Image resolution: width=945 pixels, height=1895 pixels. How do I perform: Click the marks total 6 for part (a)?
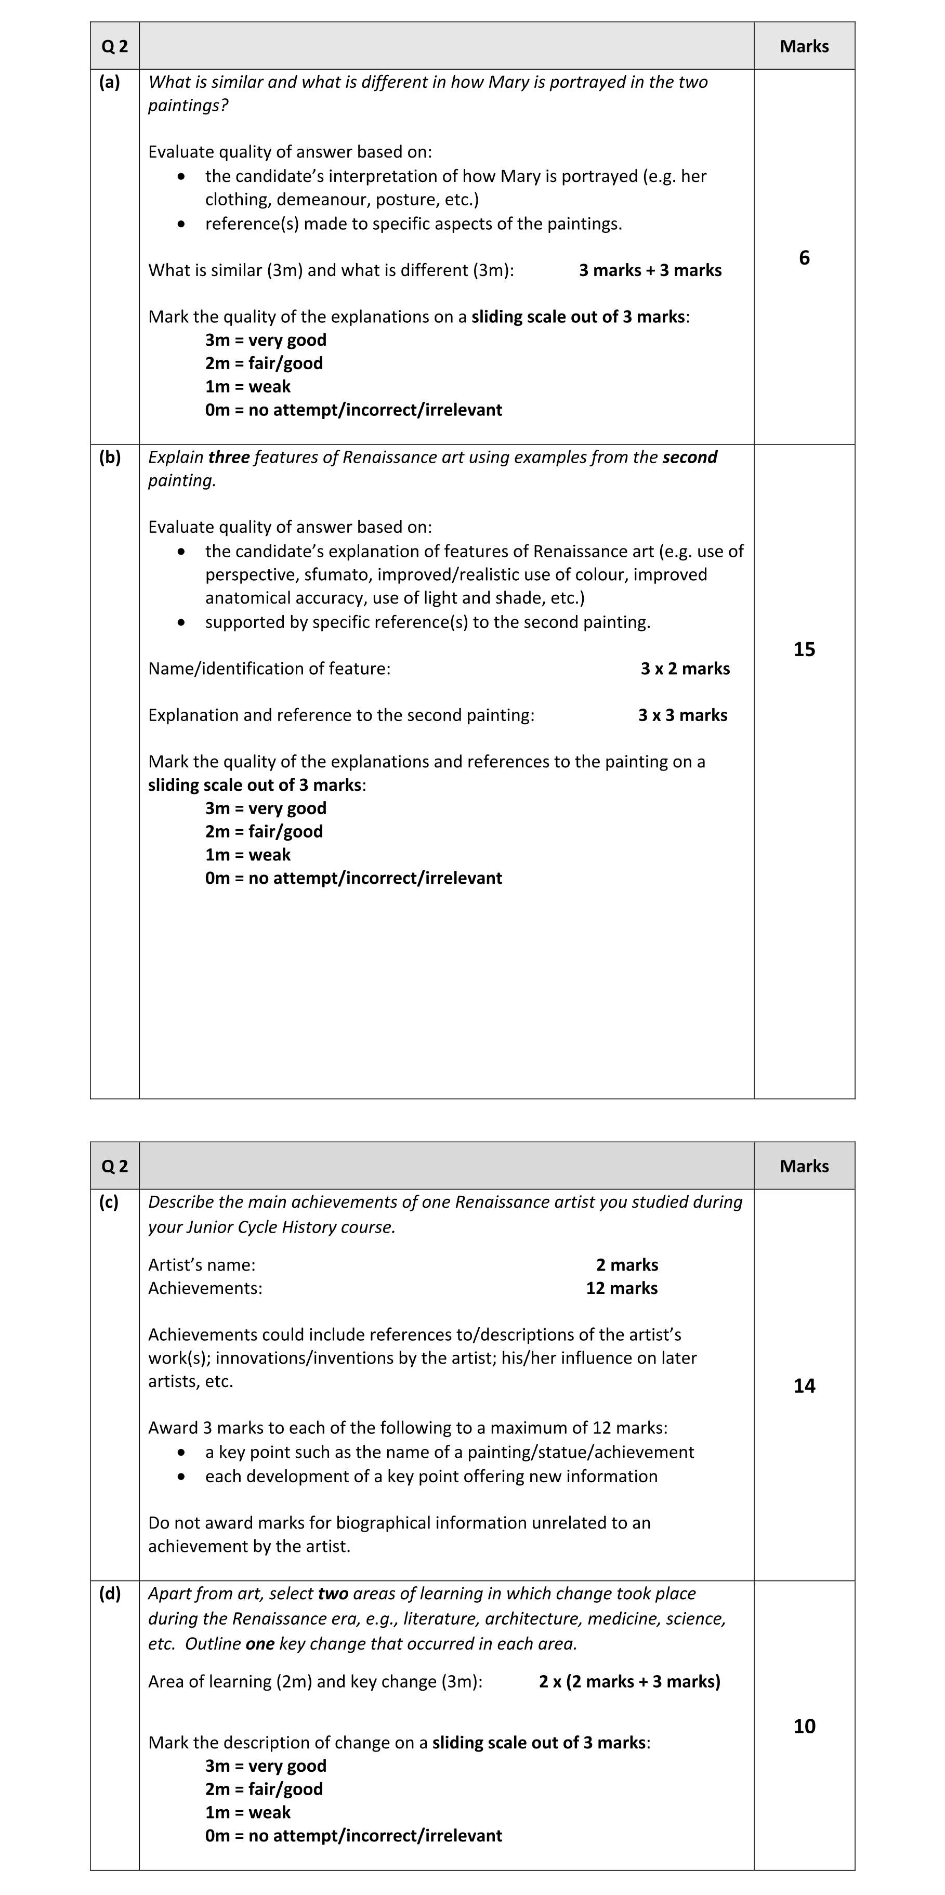pos(804,257)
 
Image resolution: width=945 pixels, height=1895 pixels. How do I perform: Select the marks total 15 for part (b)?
pos(804,649)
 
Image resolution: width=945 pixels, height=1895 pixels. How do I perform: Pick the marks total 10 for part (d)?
pos(804,1726)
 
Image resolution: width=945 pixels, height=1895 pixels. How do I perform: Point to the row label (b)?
pos(110,458)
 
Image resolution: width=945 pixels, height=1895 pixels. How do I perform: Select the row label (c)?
pos(109,1202)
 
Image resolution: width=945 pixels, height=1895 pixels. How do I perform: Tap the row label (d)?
pos(110,1593)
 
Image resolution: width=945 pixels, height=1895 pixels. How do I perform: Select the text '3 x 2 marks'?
pos(685,669)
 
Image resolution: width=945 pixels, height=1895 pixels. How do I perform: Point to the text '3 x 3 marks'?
pos(682,715)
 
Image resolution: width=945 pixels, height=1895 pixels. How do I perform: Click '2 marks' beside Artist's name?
pos(626,1264)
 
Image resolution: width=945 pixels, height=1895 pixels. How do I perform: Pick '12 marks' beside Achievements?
pos(621,1288)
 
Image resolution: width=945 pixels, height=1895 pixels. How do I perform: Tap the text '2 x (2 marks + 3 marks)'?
pos(629,1681)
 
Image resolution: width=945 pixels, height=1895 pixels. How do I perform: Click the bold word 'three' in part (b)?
pos(229,457)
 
